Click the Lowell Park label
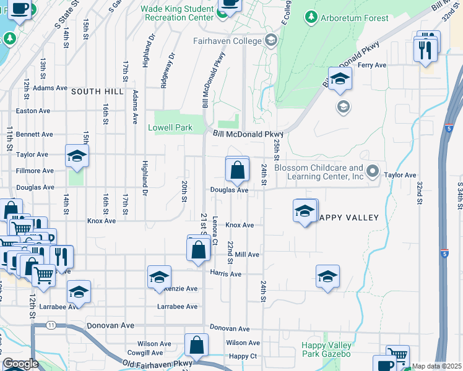[170, 128]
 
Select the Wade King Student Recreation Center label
[177, 13]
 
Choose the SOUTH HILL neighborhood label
[97, 92]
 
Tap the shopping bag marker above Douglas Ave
[237, 169]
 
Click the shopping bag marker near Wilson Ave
[196, 348]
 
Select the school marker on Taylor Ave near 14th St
[77, 157]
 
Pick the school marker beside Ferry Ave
[340, 80]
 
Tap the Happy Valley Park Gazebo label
[326, 349]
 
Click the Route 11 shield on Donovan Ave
[51, 325]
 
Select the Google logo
[20, 364]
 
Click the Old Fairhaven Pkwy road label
[150, 364]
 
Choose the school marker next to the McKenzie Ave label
[159, 278]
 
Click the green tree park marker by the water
[9, 39]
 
